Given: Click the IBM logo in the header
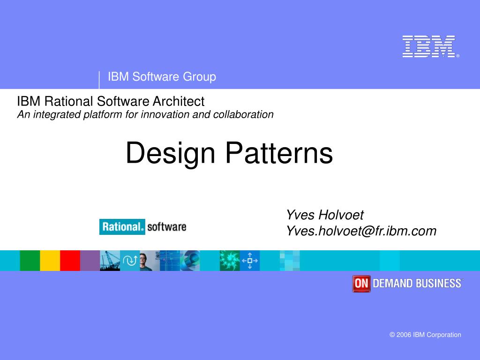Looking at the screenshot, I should click(428, 46).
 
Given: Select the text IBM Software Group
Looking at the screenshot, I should click(162, 77).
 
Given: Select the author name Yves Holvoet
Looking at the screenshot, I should click(325, 215).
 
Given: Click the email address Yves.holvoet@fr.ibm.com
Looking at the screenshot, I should click(361, 231).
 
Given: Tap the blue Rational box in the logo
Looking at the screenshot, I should click(122, 227).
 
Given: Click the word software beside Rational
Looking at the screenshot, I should click(166, 227).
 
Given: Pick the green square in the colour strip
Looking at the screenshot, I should click(30, 261).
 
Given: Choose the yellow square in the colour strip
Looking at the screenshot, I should click(50, 261).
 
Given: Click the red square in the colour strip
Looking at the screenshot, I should click(70, 261).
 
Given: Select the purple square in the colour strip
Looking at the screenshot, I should click(90, 261).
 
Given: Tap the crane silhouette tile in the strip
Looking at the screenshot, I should click(110, 261).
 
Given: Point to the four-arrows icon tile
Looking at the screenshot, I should click(250, 261).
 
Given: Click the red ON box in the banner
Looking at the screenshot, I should click(361, 284).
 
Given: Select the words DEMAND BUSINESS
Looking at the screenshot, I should click(417, 284).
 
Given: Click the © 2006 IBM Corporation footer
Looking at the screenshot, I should click(425, 335).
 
